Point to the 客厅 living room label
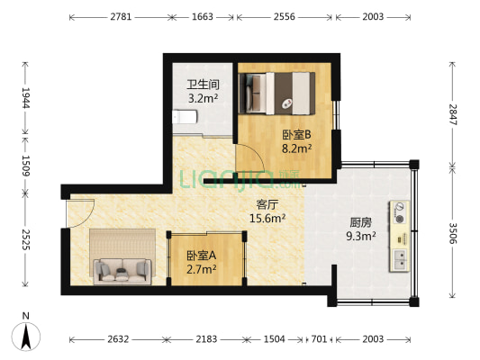[x=267, y=204]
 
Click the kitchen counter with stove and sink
[x=398, y=237]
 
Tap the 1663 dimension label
[x=203, y=17]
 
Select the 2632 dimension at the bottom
[x=118, y=339]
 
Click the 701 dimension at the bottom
[x=318, y=339]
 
